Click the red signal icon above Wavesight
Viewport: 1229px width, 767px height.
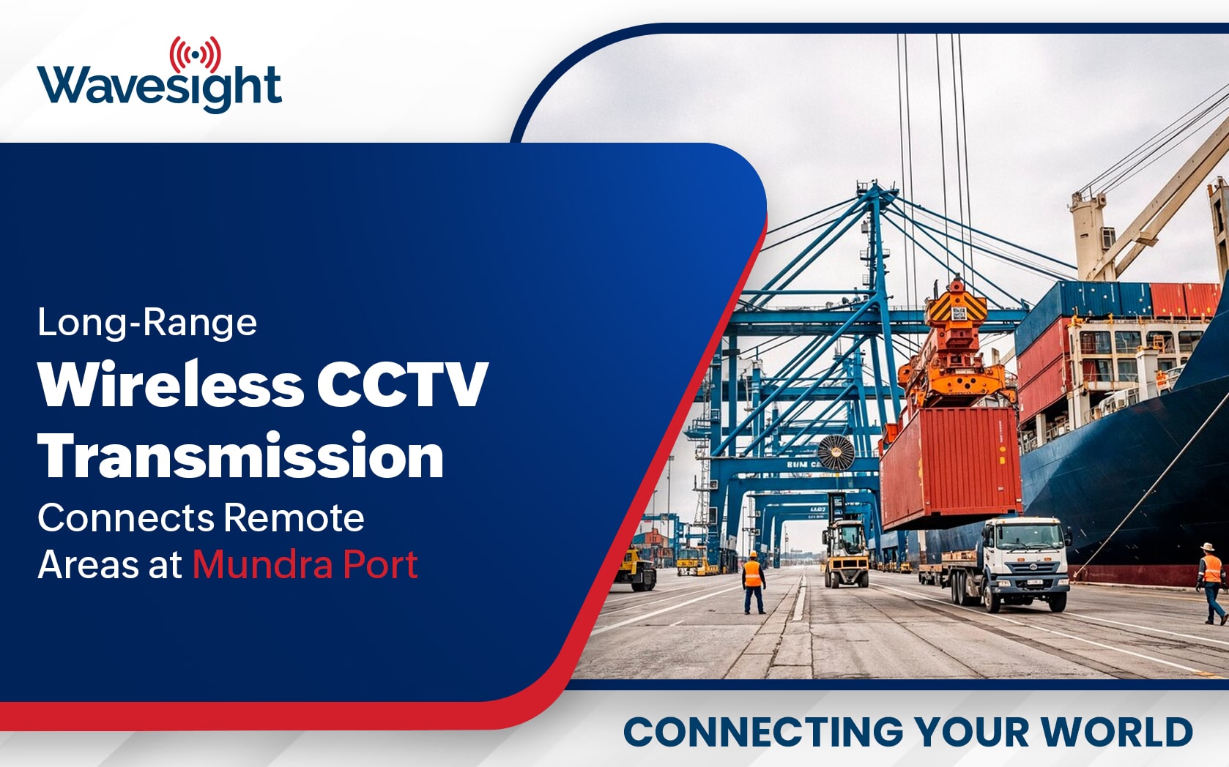coord(196,55)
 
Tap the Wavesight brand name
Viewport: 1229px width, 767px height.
coord(160,88)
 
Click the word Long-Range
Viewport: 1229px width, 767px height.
coord(147,323)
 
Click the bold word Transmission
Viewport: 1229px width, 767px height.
coord(241,455)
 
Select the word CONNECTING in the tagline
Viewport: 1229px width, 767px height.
coord(763,731)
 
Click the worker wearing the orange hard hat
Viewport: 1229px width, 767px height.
coord(754,583)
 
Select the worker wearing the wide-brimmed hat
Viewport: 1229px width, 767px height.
coord(1211,583)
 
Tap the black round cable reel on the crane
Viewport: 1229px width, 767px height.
coord(836,452)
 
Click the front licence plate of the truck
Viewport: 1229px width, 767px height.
coord(1035,582)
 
